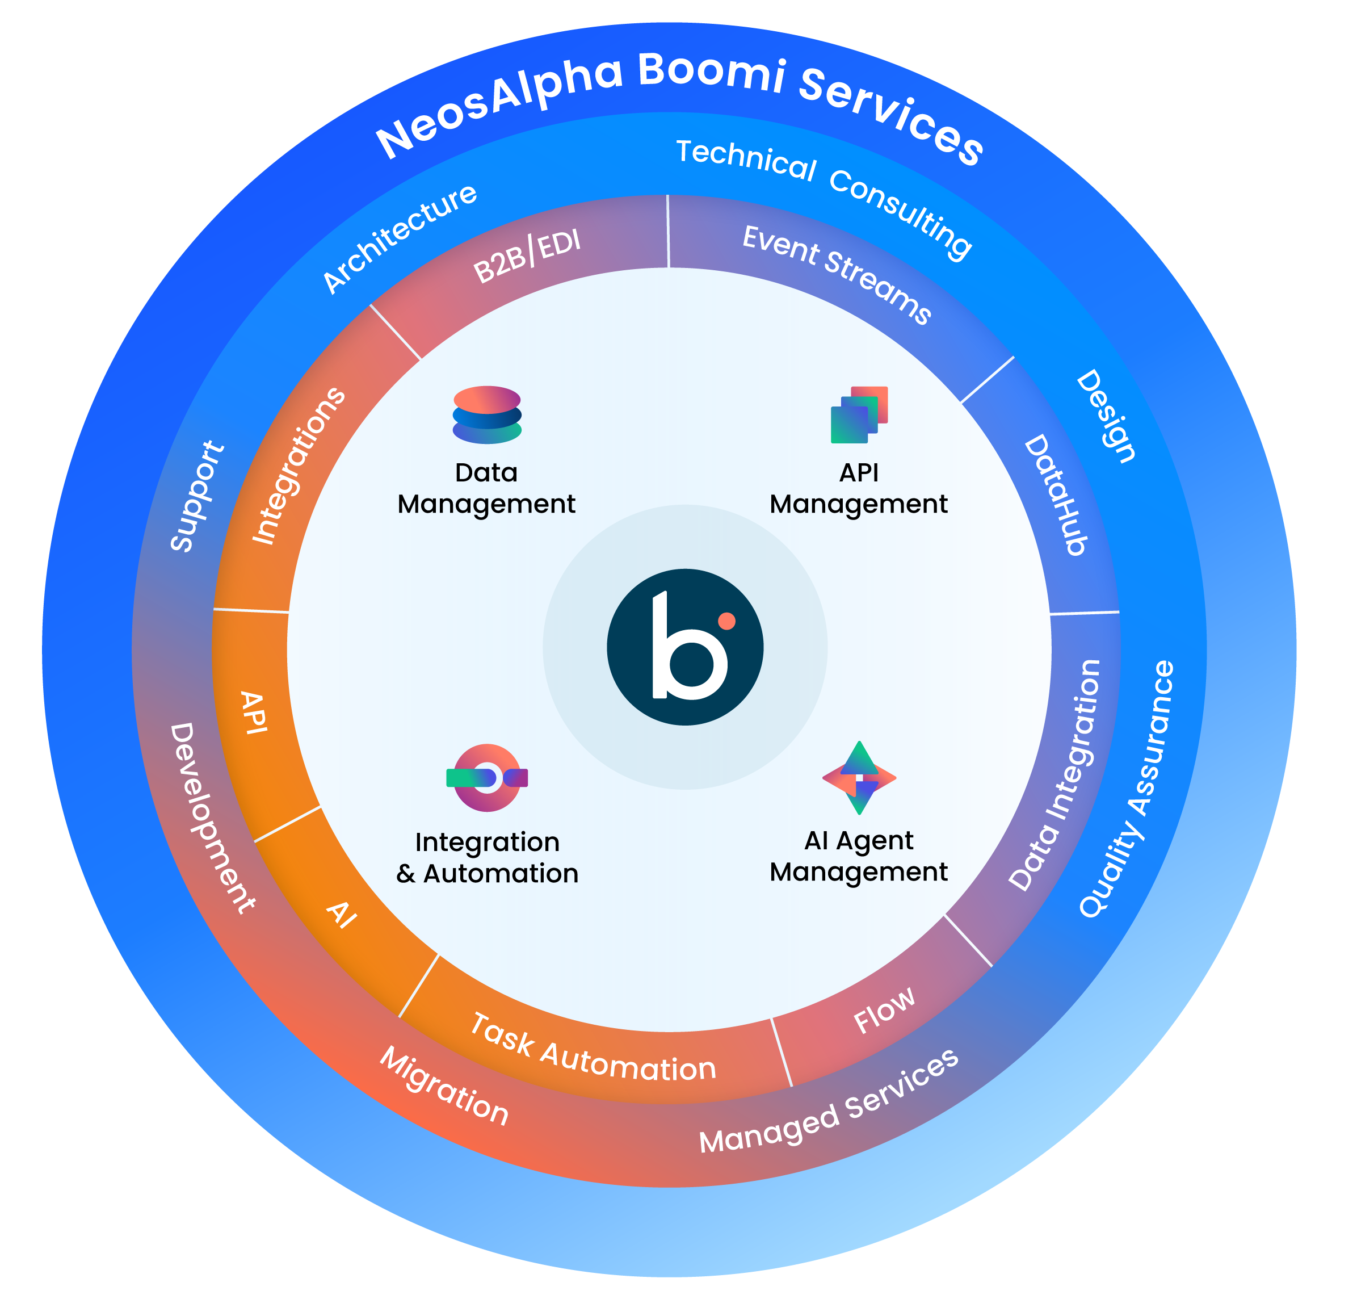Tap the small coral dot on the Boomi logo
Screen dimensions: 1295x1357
[726, 621]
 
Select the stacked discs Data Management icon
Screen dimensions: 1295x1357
[486, 414]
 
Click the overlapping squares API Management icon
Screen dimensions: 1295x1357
[859, 414]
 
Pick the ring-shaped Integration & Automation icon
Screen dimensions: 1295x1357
[486, 778]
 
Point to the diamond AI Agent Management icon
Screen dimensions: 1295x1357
[859, 778]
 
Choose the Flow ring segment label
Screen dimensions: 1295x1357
[884, 1010]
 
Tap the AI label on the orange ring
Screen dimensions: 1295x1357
[342, 914]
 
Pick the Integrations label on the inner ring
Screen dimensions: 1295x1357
[298, 467]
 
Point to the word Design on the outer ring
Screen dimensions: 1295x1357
[1107, 416]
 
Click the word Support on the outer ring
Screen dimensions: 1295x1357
[197, 496]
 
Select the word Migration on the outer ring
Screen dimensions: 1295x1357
[444, 1086]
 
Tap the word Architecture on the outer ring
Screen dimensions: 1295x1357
[400, 238]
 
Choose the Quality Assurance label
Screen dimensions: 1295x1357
[1127, 789]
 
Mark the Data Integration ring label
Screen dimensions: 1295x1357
[1054, 774]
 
